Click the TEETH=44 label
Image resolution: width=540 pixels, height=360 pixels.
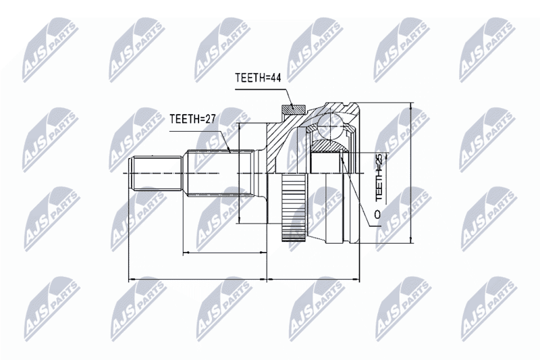tap(258, 78)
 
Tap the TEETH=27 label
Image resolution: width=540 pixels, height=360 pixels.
tap(192, 119)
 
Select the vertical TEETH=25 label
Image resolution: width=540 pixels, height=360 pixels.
tap(379, 178)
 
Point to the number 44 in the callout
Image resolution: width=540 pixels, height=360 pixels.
tap(275, 78)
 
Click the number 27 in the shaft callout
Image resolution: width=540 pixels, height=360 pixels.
tap(210, 119)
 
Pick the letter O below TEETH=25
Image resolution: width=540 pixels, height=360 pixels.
tap(378, 214)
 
